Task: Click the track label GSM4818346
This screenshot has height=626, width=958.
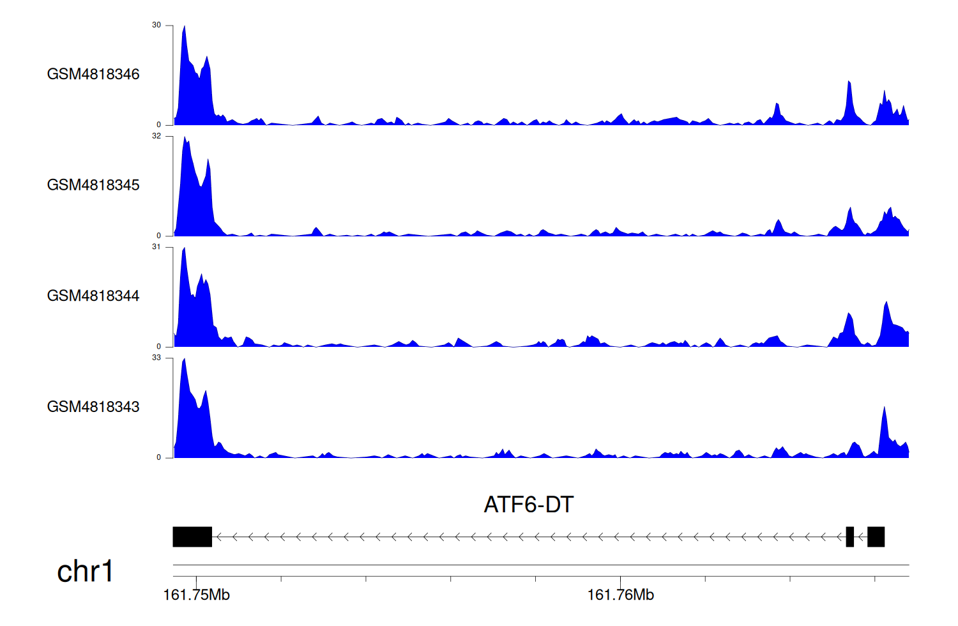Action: point(93,74)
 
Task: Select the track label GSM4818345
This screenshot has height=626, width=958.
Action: point(93,185)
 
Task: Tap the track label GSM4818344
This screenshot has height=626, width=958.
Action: point(93,296)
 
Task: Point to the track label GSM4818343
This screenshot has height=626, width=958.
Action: point(93,406)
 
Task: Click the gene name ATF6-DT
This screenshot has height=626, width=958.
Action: point(529,505)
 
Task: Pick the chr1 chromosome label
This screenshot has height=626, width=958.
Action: point(85,571)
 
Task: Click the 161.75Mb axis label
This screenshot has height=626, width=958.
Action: point(196,595)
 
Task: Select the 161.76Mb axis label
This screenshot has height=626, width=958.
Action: point(620,595)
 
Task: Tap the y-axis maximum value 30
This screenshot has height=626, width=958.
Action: point(156,25)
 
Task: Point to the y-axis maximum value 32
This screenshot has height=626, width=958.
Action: point(156,136)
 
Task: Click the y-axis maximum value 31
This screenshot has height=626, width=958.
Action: point(156,247)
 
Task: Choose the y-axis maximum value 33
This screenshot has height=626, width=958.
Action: point(156,358)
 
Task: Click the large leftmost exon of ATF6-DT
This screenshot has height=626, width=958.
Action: point(192,537)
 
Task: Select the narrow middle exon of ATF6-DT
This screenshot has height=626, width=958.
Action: point(849,537)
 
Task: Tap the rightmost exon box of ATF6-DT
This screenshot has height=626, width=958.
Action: point(876,537)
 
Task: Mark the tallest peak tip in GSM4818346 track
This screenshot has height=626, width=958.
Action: point(185,26)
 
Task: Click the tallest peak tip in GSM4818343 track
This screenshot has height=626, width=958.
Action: point(185,359)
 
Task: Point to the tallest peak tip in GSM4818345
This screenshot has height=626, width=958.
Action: point(185,137)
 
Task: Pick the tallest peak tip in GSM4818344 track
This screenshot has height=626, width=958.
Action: point(185,248)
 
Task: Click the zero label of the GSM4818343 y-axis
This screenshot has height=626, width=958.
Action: point(159,457)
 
